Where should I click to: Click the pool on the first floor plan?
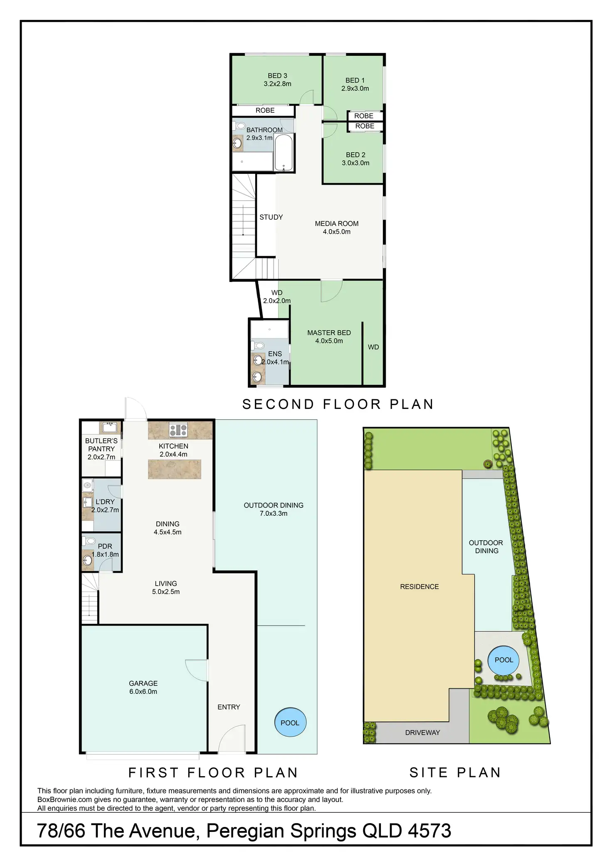coord(290,722)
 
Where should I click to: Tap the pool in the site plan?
coord(503,660)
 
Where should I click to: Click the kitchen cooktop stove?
coord(178,430)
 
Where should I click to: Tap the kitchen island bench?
coord(175,469)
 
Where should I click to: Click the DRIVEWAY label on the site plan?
coord(422,732)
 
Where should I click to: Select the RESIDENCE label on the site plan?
coord(419,586)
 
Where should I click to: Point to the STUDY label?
coord(271,217)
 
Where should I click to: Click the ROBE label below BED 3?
coord(265,110)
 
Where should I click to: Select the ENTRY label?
coord(229,707)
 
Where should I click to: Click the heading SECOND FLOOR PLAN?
coord(338,404)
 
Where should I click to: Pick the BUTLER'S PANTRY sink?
coord(110,427)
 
